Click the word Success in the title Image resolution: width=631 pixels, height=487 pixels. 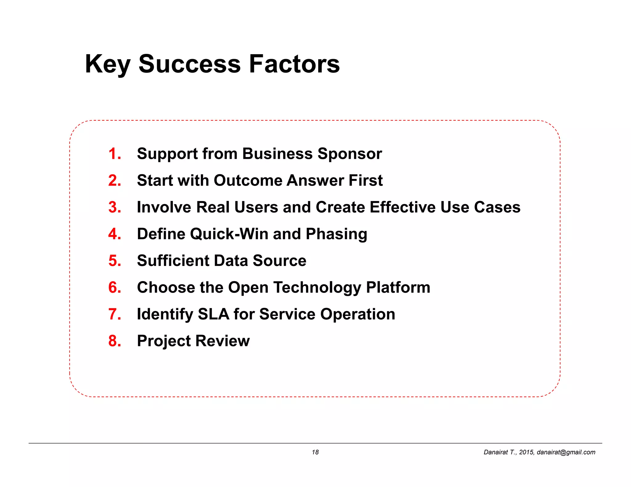pos(189,64)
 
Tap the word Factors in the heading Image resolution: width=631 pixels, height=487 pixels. pos(294,64)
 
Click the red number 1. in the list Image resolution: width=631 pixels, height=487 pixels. pos(115,154)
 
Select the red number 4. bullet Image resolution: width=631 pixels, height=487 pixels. pos(115,234)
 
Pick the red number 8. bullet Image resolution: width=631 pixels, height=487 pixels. pos(115,341)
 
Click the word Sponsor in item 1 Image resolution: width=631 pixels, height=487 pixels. pos(350,154)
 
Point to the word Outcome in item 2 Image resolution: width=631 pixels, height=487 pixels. pos(248,180)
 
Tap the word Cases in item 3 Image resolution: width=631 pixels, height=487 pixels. pos(497,207)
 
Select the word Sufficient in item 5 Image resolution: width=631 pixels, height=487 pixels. pos(173,261)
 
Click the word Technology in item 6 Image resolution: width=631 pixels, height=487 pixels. pos(317,288)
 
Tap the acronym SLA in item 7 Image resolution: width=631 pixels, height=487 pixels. pos(213,314)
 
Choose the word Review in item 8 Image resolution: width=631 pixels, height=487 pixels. pos(222,341)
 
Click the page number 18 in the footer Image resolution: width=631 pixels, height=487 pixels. pos(315,452)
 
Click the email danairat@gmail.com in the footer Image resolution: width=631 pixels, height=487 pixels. pos(566,452)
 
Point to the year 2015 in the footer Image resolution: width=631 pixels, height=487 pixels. pos(526,452)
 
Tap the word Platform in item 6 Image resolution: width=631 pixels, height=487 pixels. pos(398,288)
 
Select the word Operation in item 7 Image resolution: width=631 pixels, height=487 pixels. pos(357,314)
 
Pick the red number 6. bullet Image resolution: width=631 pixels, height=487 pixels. pos(115,288)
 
